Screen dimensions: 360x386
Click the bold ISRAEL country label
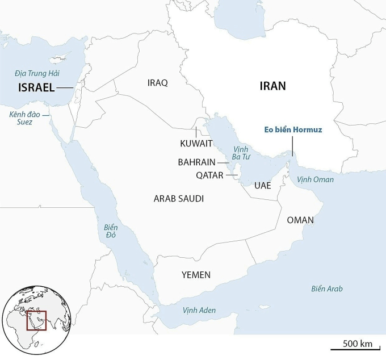(36, 87)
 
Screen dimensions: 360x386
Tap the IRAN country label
(272, 86)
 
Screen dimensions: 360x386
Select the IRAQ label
(157, 83)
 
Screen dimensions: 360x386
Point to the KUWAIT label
(196, 143)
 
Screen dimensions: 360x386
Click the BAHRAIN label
(196, 162)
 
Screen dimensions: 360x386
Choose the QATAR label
(209, 175)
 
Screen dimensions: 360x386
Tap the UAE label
(263, 186)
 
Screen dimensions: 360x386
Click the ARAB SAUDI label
(179, 199)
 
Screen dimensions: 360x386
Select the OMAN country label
(300, 220)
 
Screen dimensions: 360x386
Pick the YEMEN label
(196, 275)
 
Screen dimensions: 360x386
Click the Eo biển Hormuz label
(293, 130)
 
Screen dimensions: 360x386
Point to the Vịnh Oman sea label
(316, 179)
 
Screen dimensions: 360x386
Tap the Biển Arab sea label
(326, 288)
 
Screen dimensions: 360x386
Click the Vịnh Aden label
(199, 311)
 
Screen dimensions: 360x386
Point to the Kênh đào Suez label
(21, 118)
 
